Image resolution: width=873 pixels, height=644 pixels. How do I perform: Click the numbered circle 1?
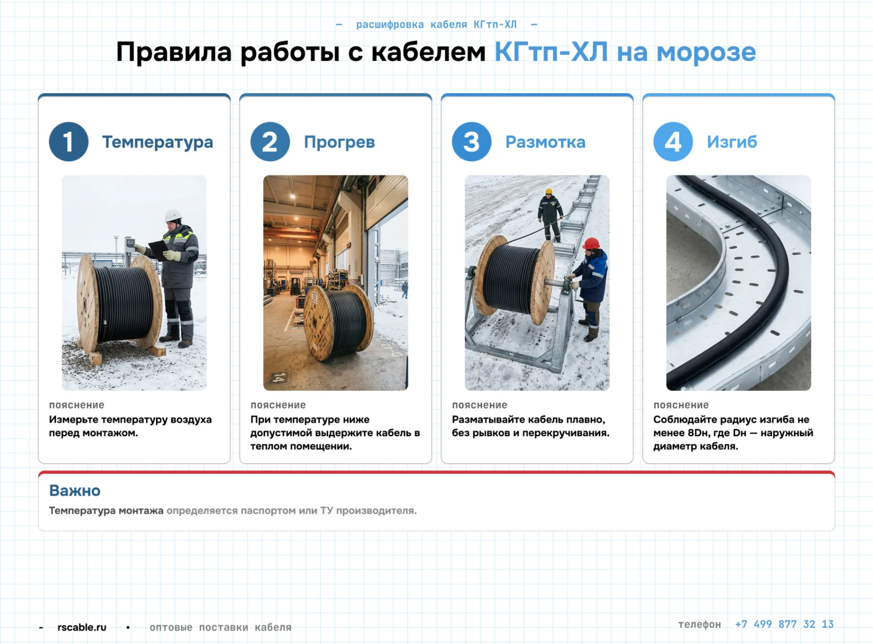click(x=68, y=142)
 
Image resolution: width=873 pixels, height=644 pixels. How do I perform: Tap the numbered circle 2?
click(x=270, y=142)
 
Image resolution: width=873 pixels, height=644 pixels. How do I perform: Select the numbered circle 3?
click(x=471, y=142)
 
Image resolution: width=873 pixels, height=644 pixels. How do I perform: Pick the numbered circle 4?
click(x=673, y=142)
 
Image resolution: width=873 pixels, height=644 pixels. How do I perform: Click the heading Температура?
click(x=157, y=142)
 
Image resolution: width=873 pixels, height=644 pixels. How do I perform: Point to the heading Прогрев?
click(x=339, y=142)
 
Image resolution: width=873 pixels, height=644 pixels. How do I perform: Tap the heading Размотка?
click(x=545, y=142)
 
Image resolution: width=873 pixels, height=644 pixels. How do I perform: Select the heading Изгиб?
click(x=732, y=142)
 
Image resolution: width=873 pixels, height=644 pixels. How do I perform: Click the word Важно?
click(x=75, y=490)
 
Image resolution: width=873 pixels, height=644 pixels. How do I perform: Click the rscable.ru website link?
click(x=82, y=627)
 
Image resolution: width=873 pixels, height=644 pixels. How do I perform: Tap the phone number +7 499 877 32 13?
click(x=784, y=624)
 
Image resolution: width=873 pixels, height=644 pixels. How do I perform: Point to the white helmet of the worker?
click(x=173, y=215)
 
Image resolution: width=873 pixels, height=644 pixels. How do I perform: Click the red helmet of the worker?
click(x=591, y=244)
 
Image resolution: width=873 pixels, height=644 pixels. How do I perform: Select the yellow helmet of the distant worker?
click(x=549, y=191)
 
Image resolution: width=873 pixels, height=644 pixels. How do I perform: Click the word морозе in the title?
click(x=706, y=52)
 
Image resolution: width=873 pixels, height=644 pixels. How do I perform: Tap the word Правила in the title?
click(x=174, y=52)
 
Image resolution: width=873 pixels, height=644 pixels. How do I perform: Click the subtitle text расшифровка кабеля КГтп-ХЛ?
click(x=436, y=24)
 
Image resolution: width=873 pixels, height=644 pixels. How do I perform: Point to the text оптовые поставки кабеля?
click(x=221, y=627)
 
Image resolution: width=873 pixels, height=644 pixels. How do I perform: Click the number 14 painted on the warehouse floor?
click(x=279, y=378)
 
